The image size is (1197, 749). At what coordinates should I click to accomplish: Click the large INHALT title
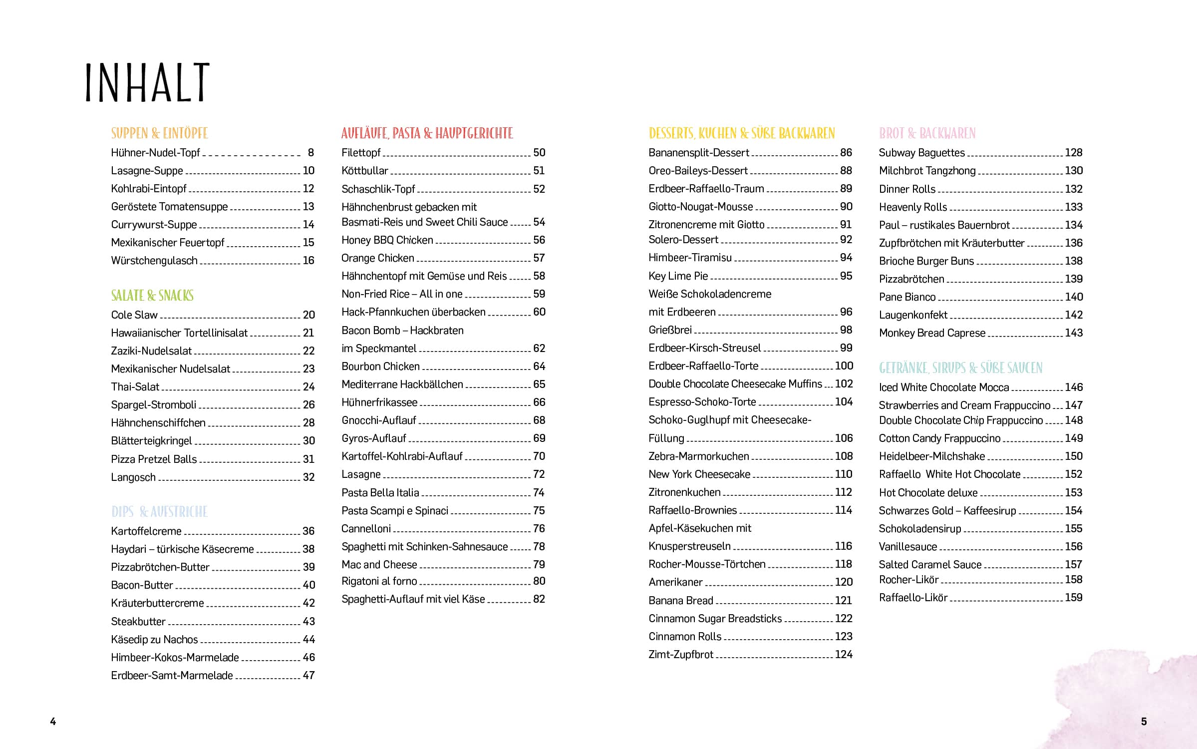pos(147,83)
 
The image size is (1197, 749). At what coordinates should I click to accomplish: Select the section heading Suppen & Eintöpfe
pos(159,133)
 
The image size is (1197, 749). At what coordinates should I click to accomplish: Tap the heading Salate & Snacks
pos(152,296)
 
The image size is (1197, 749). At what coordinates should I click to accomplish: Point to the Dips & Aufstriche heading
pos(159,512)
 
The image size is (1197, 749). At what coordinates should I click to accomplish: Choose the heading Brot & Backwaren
pos(927,133)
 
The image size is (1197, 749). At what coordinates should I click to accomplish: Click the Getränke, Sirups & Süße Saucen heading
pos(960,368)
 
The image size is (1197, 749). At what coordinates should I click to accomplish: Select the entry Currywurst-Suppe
pos(154,225)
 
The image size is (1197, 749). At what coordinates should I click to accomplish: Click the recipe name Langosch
pos(133,477)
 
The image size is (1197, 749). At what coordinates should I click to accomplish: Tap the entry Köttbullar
pos(364,171)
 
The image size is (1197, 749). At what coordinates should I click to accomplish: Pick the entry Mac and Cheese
pos(379,565)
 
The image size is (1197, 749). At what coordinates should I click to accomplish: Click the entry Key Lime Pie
pos(678,276)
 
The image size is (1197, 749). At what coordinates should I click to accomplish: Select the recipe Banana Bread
pos(680,601)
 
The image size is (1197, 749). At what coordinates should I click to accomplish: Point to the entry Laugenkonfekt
pos(912,315)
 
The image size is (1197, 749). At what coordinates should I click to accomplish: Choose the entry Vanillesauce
pos(907,547)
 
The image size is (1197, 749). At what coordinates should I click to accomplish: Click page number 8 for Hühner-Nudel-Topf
pos(310,153)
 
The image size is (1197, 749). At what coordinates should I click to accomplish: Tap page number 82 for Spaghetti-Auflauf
pos(539,599)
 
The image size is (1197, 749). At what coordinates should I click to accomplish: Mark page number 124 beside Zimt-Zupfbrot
pos(844,655)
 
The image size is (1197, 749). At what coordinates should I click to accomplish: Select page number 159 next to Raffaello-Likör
pos(1073,598)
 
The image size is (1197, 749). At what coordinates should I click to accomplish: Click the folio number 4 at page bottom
pos(53,721)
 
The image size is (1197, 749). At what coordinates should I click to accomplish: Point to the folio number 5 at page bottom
pos(1144,721)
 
